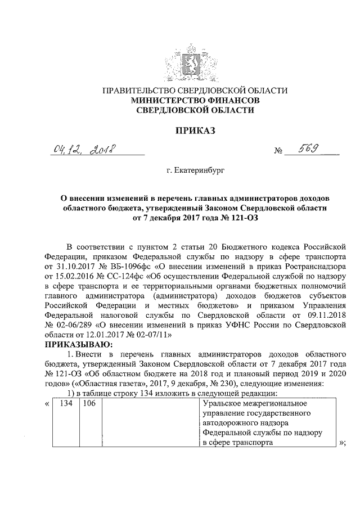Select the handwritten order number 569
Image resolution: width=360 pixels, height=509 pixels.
307,149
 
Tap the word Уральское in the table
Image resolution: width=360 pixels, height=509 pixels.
220,404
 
